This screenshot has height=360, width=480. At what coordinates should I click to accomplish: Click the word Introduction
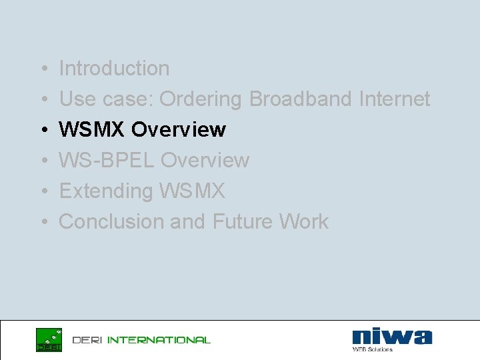pyautogui.click(x=114, y=68)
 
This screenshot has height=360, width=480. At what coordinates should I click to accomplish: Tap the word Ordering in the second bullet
pyautogui.click(x=201, y=99)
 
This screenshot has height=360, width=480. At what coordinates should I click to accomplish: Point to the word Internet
pyautogui.click(x=395, y=99)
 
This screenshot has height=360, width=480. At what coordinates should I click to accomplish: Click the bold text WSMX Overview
pyautogui.click(x=143, y=129)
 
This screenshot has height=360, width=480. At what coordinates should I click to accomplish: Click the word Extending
pyautogui.click(x=106, y=191)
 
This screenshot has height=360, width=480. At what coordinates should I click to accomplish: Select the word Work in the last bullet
pyautogui.click(x=303, y=221)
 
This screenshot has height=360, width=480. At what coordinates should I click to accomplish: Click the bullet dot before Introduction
pyautogui.click(x=42, y=69)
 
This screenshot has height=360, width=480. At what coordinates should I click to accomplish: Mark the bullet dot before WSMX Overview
pyautogui.click(x=42, y=130)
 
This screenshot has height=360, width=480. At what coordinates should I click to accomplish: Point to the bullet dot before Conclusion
pyautogui.click(x=42, y=222)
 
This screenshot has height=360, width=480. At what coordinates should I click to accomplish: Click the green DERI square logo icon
pyautogui.click(x=49, y=339)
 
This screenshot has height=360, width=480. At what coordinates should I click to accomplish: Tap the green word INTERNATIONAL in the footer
pyautogui.click(x=159, y=340)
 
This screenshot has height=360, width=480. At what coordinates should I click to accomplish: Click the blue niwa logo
pyautogui.click(x=392, y=336)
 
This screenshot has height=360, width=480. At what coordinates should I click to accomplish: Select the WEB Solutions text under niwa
pyautogui.click(x=372, y=349)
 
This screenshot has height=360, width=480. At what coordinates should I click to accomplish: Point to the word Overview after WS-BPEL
pyautogui.click(x=205, y=160)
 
